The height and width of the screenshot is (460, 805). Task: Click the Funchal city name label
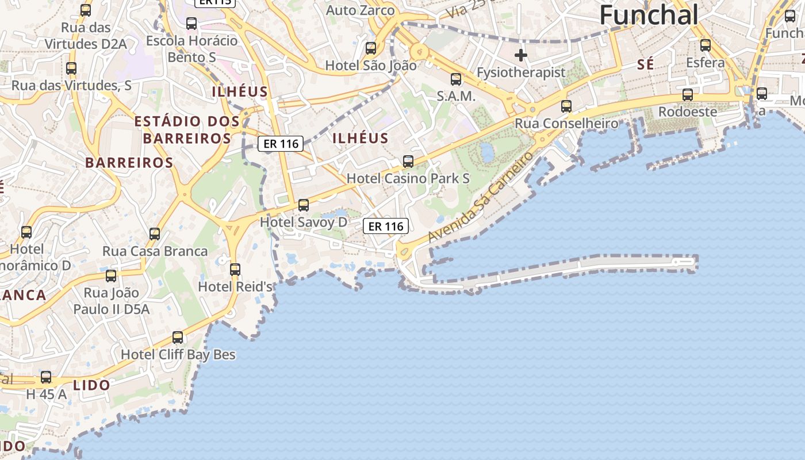(x=649, y=15)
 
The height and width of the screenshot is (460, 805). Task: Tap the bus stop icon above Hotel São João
(x=371, y=48)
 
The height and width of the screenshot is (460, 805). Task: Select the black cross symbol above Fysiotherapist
(x=521, y=55)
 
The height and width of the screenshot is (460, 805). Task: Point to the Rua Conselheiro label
(x=566, y=123)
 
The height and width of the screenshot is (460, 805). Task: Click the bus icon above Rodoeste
(x=687, y=95)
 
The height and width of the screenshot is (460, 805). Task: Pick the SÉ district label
(x=646, y=65)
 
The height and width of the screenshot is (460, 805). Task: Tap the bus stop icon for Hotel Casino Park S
(x=408, y=162)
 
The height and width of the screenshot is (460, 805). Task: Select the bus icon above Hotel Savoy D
(x=304, y=205)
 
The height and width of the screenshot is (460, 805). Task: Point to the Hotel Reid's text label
(x=235, y=286)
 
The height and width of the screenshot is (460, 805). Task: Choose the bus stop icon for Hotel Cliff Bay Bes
(x=178, y=338)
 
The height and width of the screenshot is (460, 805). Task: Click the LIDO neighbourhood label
(x=91, y=385)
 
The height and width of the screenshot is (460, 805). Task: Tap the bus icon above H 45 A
(x=46, y=378)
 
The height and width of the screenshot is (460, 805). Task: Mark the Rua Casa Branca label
(x=155, y=251)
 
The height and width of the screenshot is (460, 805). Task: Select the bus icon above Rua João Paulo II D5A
(x=111, y=276)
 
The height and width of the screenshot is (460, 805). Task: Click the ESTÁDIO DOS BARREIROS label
(x=187, y=129)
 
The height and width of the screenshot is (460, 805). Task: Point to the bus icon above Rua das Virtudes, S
(x=71, y=68)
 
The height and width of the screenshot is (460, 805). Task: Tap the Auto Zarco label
(x=361, y=10)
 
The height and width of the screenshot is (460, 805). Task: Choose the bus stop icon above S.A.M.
(x=456, y=79)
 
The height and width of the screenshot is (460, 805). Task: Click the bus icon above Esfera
(x=705, y=45)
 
